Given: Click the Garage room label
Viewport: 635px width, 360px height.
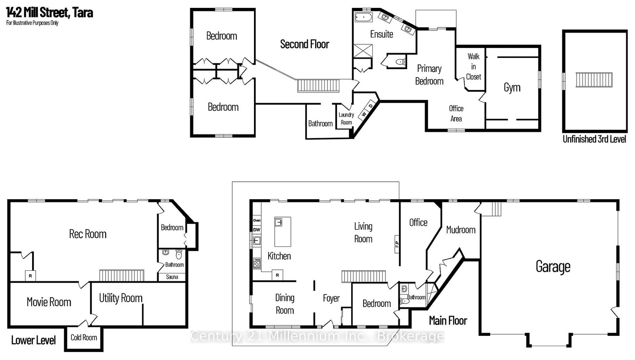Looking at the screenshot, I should [553, 267].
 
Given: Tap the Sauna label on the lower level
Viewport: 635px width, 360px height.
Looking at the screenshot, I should [172, 277].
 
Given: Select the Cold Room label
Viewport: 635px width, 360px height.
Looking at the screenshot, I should [84, 338].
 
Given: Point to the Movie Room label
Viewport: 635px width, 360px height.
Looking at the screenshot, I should [49, 302].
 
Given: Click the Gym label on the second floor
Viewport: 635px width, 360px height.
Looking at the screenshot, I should [512, 88].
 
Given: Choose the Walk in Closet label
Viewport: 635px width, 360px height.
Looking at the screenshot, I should [473, 67].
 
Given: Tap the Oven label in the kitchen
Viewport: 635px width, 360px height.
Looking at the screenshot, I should [257, 220].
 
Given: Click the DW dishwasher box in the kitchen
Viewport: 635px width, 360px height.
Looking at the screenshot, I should [257, 229].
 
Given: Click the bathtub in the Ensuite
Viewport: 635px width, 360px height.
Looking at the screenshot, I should [363, 17].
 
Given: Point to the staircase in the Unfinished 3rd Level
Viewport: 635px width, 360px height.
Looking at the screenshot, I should [594, 80].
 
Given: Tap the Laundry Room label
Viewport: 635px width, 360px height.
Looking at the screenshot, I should [346, 119].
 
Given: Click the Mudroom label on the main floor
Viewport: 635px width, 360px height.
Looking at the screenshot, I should [460, 230].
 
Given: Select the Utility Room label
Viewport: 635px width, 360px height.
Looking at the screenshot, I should [121, 298].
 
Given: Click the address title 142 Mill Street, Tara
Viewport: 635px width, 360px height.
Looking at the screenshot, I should [50, 13].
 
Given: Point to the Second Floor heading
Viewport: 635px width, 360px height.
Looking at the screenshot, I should [304, 44].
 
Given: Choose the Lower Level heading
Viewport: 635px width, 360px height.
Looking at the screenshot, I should [33, 340].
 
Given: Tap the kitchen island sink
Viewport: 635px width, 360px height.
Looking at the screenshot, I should [279, 222].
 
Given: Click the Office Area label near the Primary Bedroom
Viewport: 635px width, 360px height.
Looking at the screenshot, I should [456, 114].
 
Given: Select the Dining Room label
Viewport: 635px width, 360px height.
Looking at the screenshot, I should [285, 304].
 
